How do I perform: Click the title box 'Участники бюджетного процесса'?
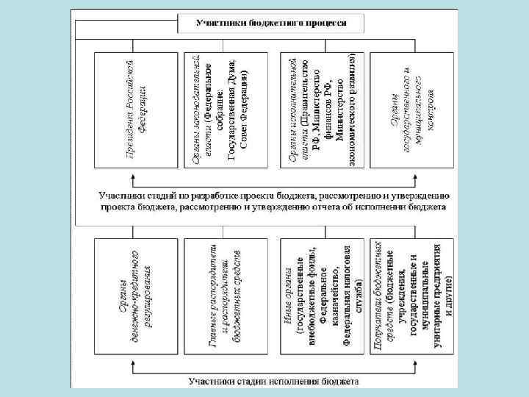pyautogui.click(x=271, y=23)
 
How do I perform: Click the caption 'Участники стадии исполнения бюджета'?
pyautogui.click(x=273, y=382)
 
